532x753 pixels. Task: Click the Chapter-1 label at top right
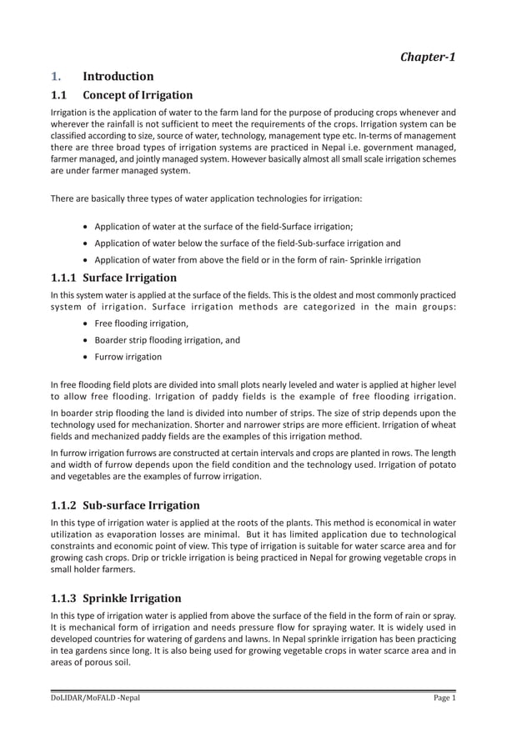[x=427, y=57]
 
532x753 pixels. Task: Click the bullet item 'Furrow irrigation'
[x=128, y=356]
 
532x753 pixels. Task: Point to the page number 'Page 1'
[x=443, y=698]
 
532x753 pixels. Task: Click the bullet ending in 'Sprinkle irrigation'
[x=257, y=259]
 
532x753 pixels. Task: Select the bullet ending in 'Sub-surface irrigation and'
[x=247, y=243]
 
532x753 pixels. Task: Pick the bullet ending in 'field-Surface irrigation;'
[x=223, y=227]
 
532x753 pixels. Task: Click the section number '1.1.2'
[x=65, y=505]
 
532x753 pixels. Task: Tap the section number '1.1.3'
[x=65, y=598]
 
